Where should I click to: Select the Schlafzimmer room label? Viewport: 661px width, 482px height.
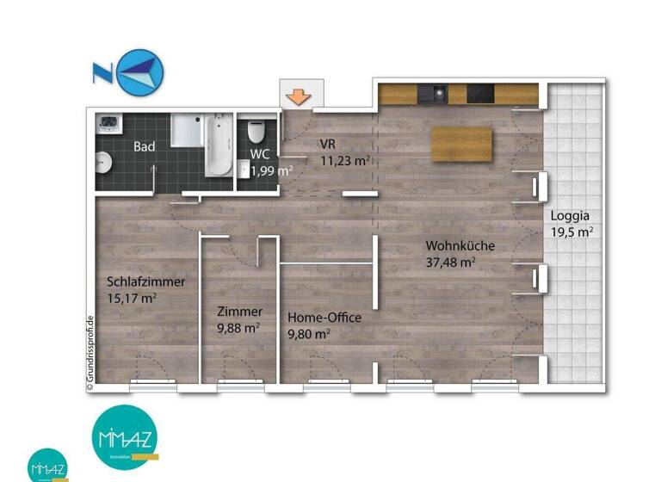tap(146, 281)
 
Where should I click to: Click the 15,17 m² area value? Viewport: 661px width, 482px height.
tap(132, 298)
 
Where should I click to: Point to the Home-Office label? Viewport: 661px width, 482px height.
tap(324, 318)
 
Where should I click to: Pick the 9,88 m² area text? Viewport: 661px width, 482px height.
tap(239, 328)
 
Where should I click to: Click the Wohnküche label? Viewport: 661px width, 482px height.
tap(460, 246)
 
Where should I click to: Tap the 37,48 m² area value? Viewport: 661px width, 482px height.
tap(451, 263)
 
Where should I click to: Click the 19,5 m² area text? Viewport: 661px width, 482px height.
tap(571, 232)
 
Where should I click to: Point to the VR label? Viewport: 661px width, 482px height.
tap(327, 144)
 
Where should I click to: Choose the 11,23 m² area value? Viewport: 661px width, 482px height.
tap(344, 160)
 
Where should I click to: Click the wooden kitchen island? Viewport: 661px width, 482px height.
tap(463, 144)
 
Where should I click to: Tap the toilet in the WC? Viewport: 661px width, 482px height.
tap(255, 133)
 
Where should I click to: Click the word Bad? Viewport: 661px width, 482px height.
tap(145, 146)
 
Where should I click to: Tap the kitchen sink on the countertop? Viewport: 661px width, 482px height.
tap(440, 92)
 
